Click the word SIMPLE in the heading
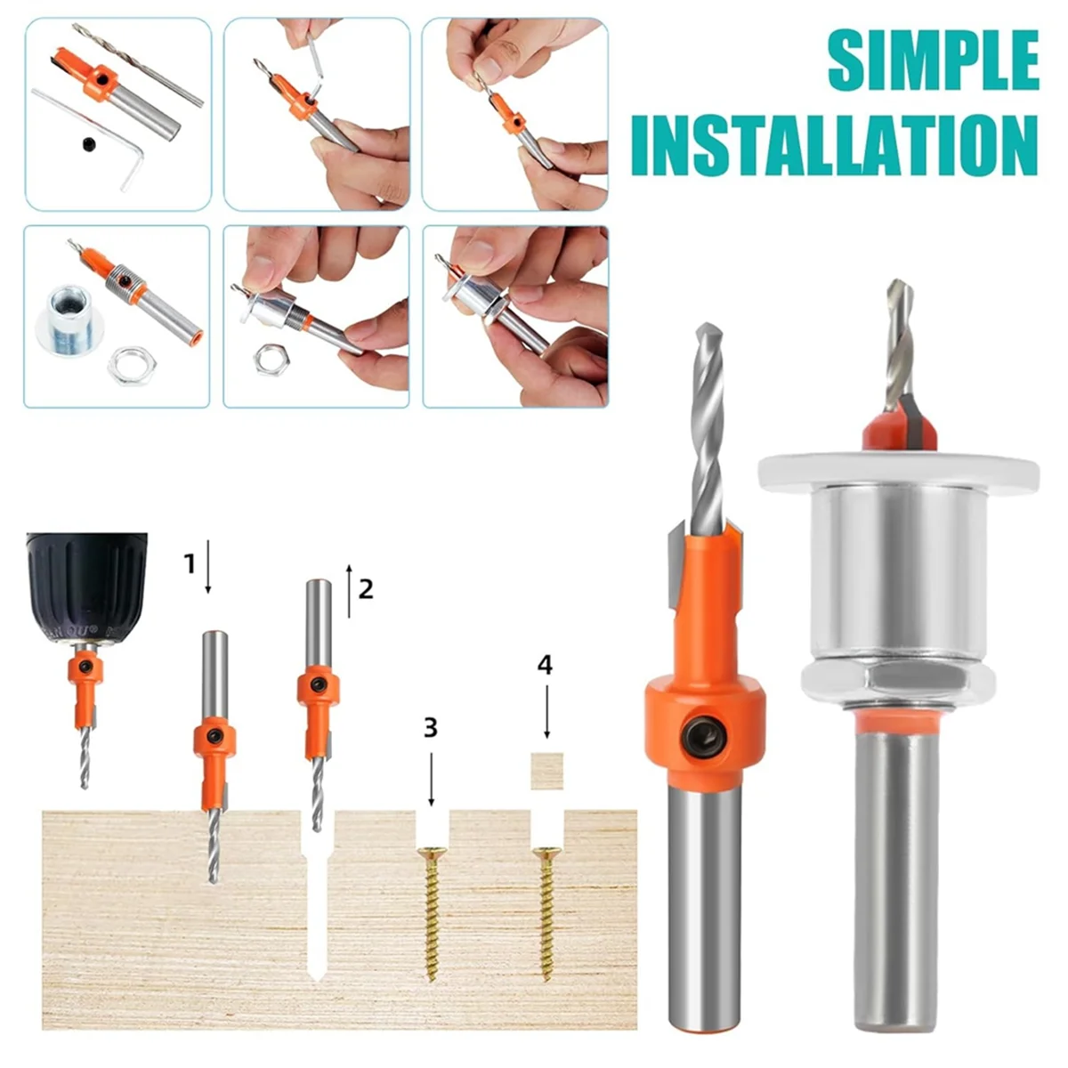tap(933, 61)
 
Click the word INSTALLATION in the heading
tap(834, 146)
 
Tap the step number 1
tap(190, 564)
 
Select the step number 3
tap(431, 728)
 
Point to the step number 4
tap(545, 665)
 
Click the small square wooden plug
tap(547, 771)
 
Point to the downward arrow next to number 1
tap(208, 566)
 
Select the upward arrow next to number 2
tap(349, 591)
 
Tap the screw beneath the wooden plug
tap(546, 915)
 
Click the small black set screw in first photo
tap(89, 145)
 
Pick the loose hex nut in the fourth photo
tap(132, 364)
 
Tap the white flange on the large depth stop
tap(898, 471)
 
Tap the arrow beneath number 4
tap(547, 712)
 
